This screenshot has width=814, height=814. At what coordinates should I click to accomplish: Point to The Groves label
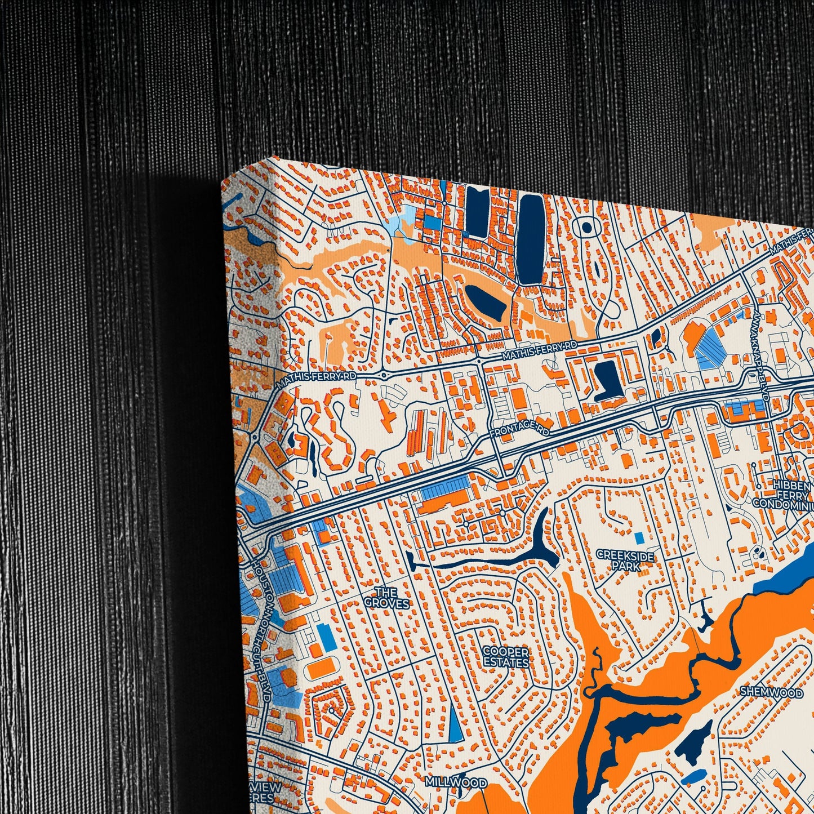coord(386,598)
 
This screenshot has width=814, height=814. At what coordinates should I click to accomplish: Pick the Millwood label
coord(456,782)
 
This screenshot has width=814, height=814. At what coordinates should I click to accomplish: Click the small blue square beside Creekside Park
coord(638,537)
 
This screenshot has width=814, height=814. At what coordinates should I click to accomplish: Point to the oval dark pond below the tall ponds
coord(484,300)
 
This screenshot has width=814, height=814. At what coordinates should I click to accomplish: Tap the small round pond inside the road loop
coord(586,227)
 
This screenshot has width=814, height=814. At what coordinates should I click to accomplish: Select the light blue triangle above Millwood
coord(454,723)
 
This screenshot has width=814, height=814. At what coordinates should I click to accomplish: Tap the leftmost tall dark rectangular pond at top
coord(478,213)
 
